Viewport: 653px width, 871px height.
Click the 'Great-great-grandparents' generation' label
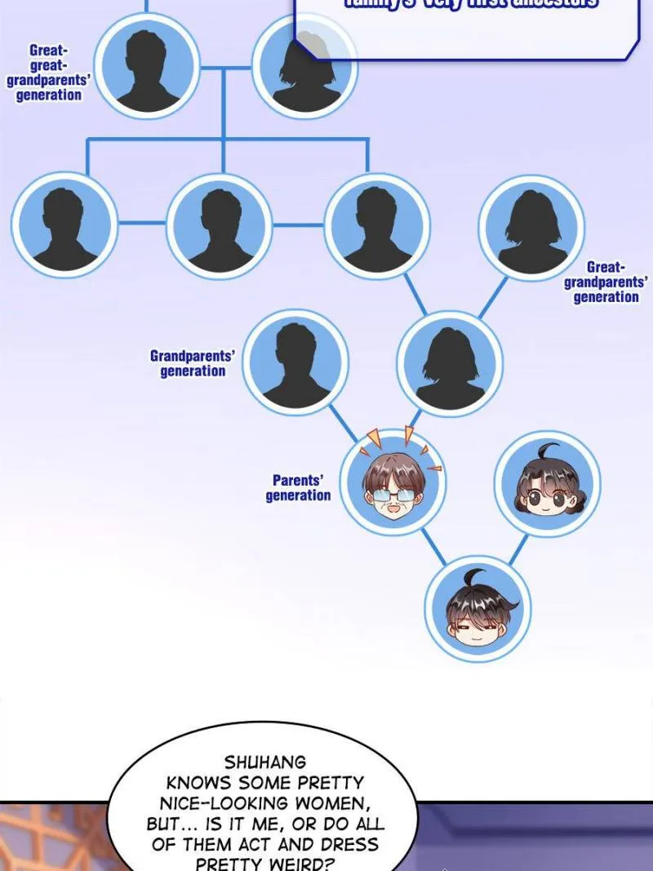(45, 73)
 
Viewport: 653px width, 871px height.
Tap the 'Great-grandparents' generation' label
(606, 282)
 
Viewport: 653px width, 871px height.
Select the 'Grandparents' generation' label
(193, 363)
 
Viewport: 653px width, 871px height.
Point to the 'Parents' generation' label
(298, 487)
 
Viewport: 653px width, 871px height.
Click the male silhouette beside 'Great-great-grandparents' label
(148, 65)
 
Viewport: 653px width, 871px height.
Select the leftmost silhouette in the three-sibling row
(64, 224)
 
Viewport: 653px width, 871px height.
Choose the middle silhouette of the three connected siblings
(220, 224)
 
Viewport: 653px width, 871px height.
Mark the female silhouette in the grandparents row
(450, 363)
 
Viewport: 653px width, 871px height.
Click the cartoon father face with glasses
(393, 483)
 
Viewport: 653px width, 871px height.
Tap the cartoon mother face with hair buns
(547, 484)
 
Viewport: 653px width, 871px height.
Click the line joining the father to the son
(435, 546)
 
